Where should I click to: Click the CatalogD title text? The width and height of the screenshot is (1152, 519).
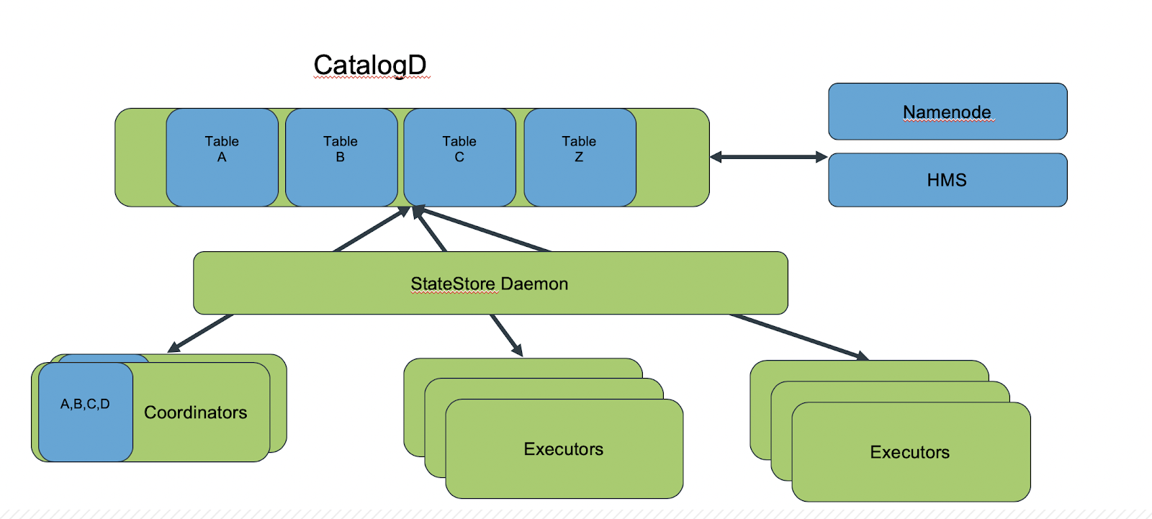tap(370, 66)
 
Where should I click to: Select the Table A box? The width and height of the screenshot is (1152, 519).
tap(222, 158)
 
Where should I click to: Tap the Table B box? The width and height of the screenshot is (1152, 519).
tap(341, 158)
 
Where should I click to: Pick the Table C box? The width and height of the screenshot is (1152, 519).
tap(460, 158)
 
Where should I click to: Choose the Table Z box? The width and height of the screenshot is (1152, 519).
tap(580, 158)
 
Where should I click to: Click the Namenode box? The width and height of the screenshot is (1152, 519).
tap(948, 112)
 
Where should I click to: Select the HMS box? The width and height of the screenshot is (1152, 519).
tap(948, 180)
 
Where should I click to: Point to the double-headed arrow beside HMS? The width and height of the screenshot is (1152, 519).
tap(769, 157)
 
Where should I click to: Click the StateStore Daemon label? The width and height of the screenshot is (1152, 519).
tap(489, 284)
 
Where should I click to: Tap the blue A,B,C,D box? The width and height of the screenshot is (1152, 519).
tap(86, 412)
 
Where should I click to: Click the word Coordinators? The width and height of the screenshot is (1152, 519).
tap(195, 412)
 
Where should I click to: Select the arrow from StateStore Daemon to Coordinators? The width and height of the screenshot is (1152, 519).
tap(201, 333)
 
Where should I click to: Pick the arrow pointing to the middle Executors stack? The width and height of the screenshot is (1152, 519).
tap(507, 335)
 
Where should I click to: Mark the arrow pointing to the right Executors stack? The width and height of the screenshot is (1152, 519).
tap(799, 337)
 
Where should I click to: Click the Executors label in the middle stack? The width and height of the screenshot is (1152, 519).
tap(564, 449)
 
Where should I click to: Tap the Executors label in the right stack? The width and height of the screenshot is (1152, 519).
tap(910, 452)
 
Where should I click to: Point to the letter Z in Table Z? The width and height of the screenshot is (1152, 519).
tap(579, 157)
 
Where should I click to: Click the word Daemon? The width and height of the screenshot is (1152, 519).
tap(534, 284)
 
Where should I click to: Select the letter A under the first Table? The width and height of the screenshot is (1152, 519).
tap(222, 157)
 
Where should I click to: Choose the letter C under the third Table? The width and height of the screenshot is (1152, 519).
tap(459, 157)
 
